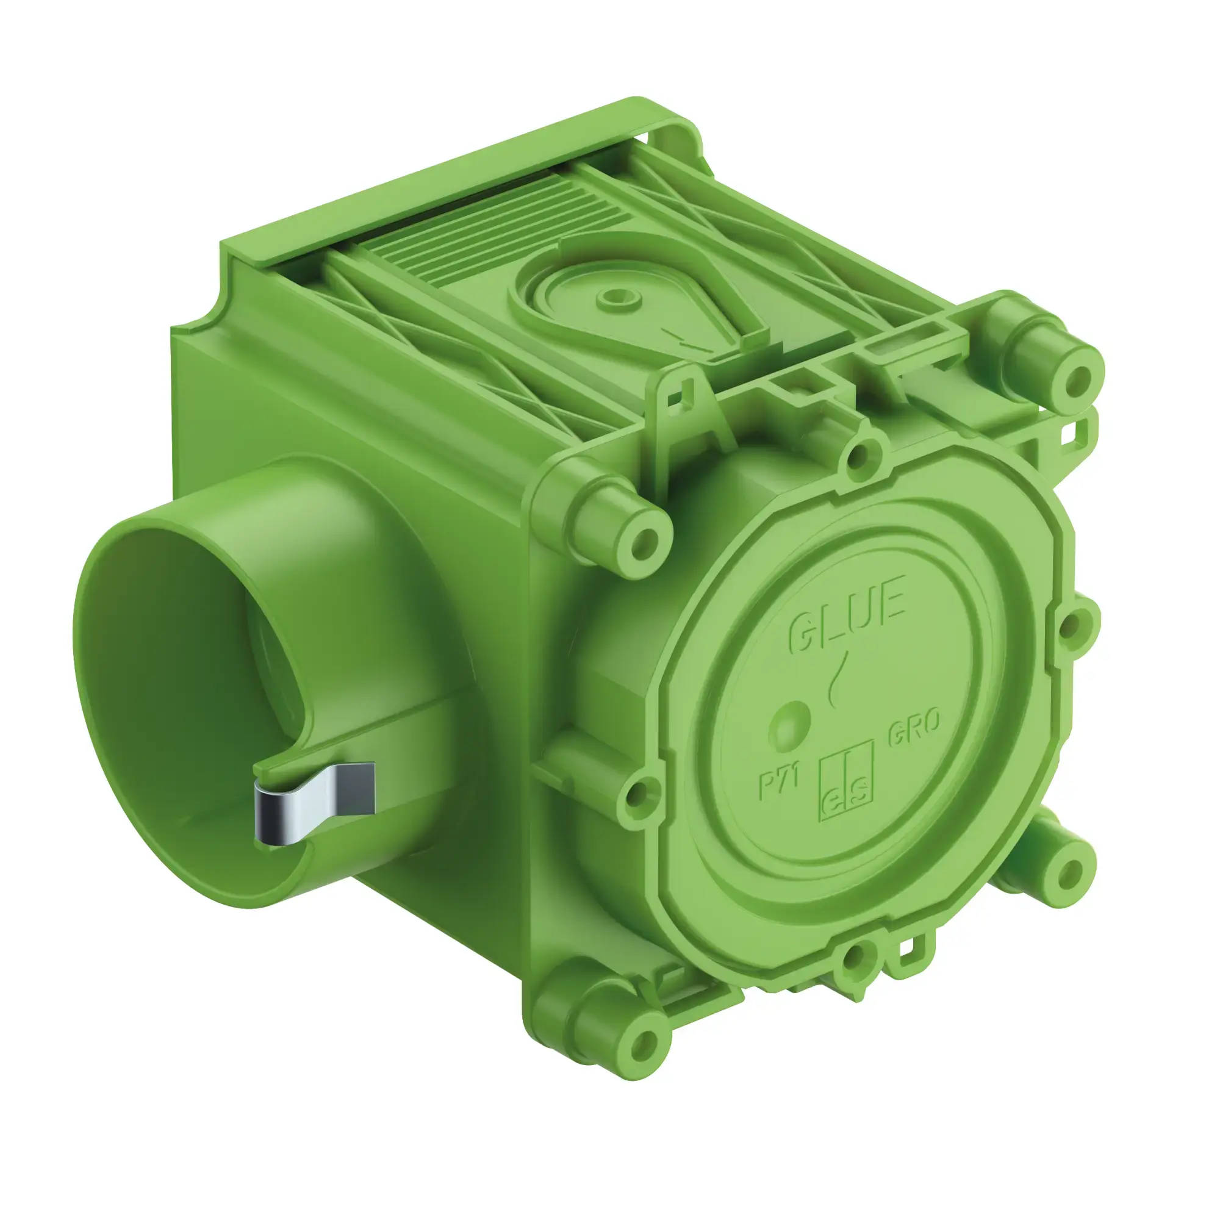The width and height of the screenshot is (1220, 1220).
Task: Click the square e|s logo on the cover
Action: tap(846, 782)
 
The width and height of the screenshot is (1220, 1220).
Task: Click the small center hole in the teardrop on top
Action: tap(612, 295)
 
